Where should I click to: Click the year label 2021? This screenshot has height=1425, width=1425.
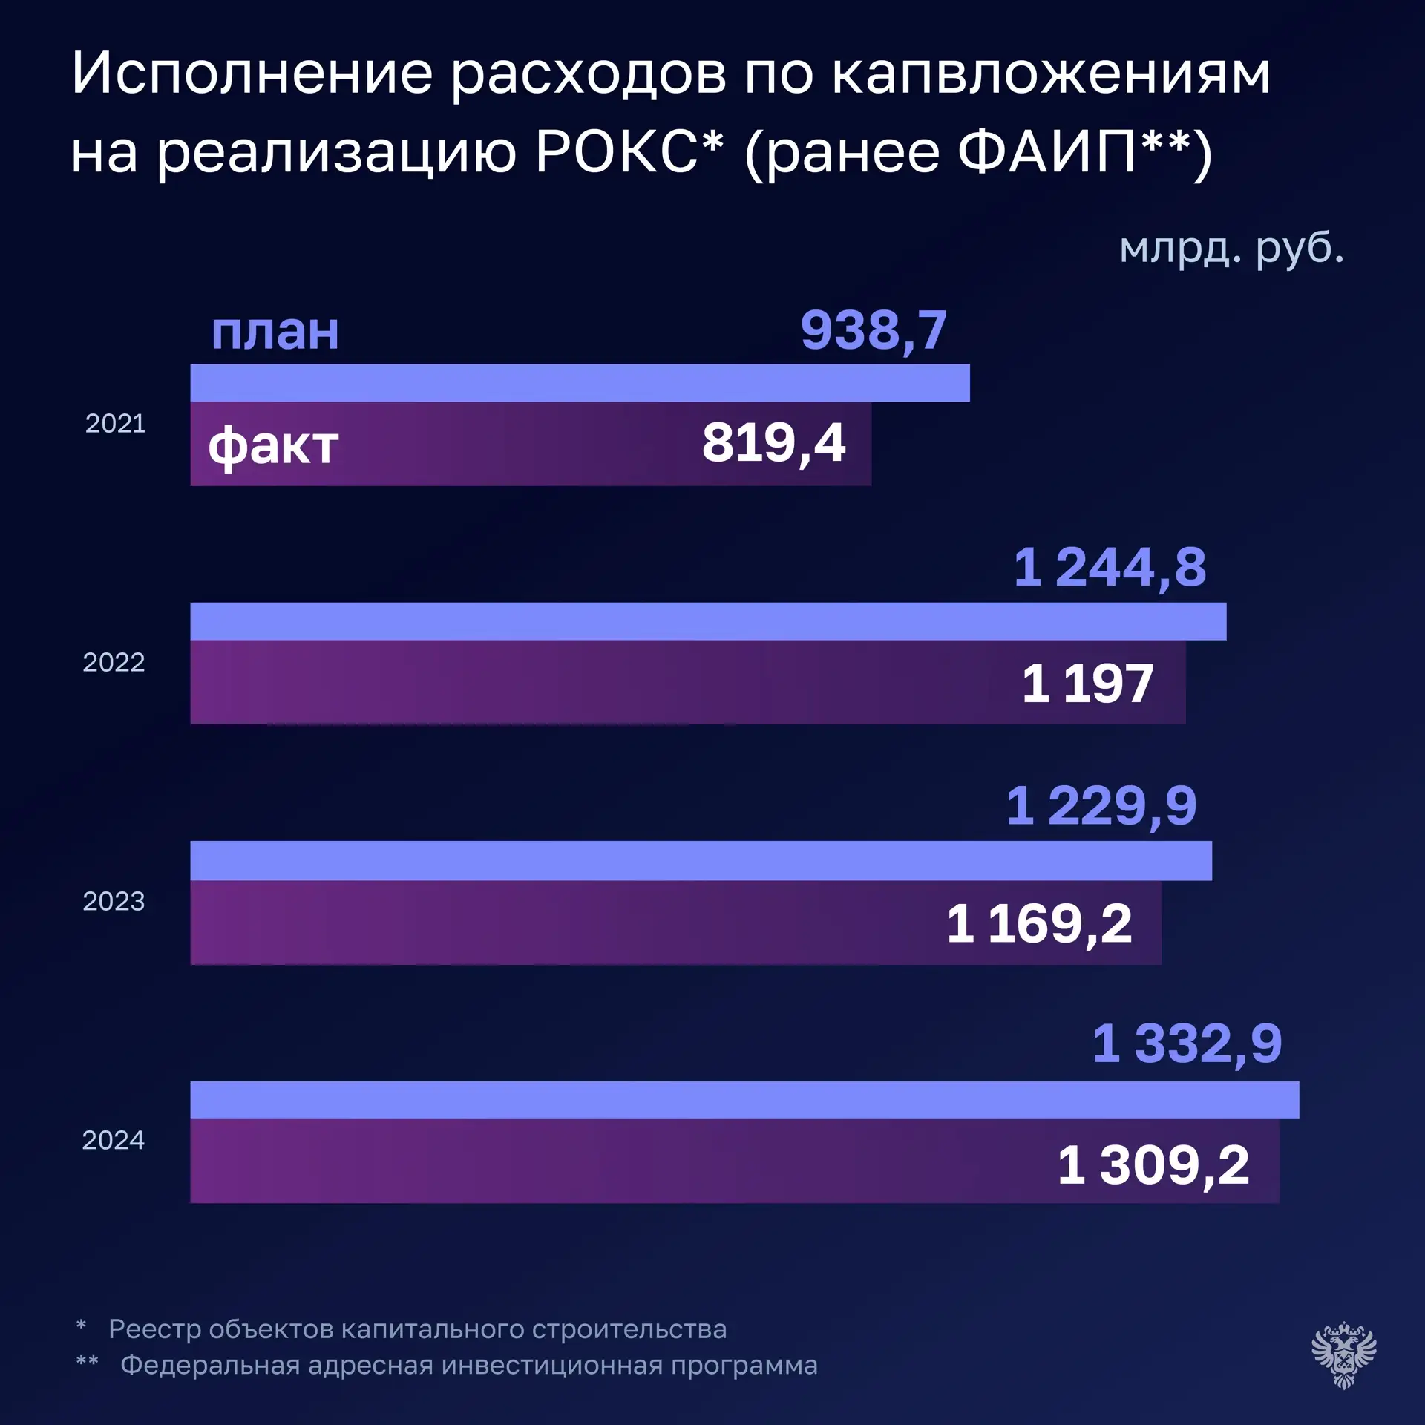(115, 424)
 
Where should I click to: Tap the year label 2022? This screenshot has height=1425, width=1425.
(114, 663)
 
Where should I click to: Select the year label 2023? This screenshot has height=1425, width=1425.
(114, 902)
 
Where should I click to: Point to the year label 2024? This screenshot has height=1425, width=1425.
(114, 1141)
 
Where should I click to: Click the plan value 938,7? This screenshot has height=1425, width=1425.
(874, 331)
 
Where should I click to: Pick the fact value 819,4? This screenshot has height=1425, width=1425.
(774, 443)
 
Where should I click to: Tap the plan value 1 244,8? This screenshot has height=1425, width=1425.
(1110, 568)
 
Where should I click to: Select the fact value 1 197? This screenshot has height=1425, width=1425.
(1088, 684)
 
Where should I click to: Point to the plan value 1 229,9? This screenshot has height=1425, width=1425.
(1102, 807)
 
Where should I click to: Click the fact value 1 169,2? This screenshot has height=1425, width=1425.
(1040, 925)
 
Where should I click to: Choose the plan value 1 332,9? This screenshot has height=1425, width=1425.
(1187, 1044)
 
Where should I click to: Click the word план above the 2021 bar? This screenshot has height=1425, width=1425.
(275, 332)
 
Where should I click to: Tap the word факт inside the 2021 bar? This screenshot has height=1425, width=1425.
(273, 447)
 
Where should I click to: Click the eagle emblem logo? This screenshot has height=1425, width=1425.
(1344, 1354)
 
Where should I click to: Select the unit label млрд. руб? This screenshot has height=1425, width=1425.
(1232, 249)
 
